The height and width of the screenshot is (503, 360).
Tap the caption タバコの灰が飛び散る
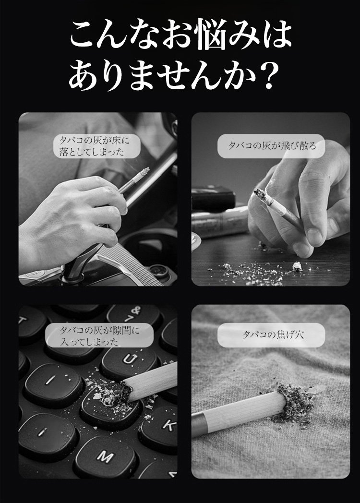[x=272, y=146]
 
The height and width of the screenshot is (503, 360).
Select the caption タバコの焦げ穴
[x=272, y=335]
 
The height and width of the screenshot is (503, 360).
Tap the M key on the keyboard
[x=105, y=458]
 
